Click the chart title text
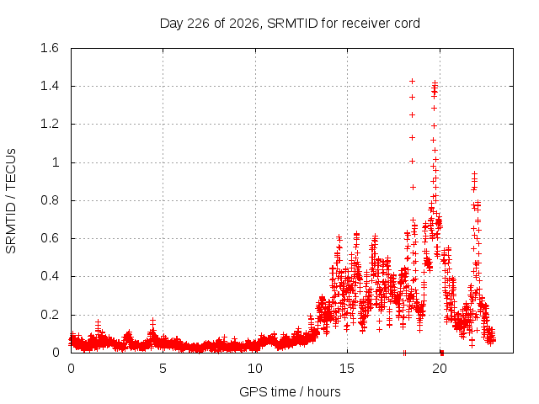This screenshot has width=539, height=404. [290, 24]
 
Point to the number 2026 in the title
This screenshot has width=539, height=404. [243, 24]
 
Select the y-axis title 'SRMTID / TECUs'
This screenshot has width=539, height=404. [11, 201]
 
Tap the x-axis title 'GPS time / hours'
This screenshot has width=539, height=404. [290, 391]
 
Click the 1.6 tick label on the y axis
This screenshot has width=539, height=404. [50, 48]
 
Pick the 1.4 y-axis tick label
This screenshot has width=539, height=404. [50, 86]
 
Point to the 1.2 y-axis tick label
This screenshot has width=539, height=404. [50, 124]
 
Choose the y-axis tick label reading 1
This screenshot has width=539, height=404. [56, 162]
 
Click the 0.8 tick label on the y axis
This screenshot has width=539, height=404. [50, 200]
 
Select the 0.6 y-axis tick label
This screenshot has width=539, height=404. [50, 238]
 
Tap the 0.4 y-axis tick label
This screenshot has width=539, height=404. [50, 276]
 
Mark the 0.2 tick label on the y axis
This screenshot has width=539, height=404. [50, 315]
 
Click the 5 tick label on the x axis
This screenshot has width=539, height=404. [163, 369]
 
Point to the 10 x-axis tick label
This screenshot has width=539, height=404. [254, 369]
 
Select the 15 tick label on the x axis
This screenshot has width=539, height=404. [347, 369]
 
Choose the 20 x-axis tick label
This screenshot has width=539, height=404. [440, 369]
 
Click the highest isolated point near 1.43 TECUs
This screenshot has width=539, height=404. [412, 81]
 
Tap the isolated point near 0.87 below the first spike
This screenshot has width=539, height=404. [413, 187]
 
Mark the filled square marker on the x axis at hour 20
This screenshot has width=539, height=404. [442, 353]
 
